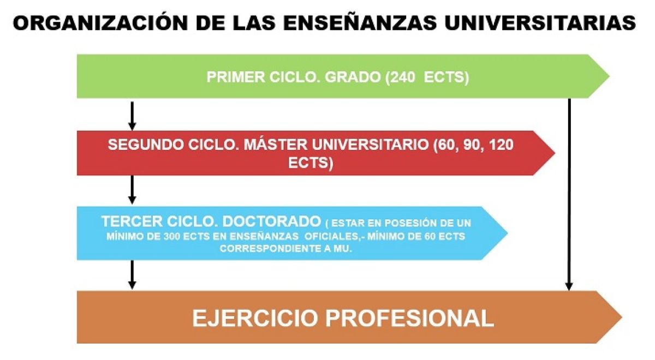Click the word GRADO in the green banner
pyautogui.click(x=353, y=77)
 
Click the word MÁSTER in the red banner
pyautogui.click(x=276, y=145)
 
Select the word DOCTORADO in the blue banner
pyautogui.click(x=272, y=222)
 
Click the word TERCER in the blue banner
pyautogui.click(x=132, y=222)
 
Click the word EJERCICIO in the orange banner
pyautogui.click(x=255, y=319)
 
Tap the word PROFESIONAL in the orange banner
pyautogui.click(x=409, y=319)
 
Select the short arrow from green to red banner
pyautogui.click(x=132, y=116)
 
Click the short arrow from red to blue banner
pyautogui.click(x=132, y=190)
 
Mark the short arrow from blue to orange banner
pyautogui.click(x=132, y=275)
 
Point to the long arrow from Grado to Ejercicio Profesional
pyautogui.click(x=569, y=194)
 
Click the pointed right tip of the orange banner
pyautogui.click(x=622, y=317)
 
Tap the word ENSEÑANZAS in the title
pyautogui.click(x=360, y=23)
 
